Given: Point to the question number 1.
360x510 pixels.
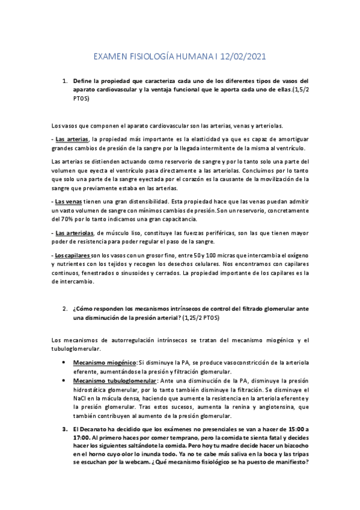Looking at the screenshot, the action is [x=64, y=80].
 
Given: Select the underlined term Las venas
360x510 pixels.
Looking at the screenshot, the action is [x=68, y=201].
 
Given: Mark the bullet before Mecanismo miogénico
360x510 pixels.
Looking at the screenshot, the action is [x=64, y=363].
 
